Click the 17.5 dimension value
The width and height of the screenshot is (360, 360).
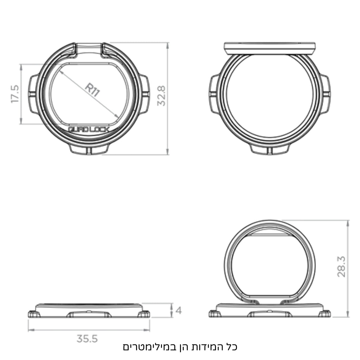(x=15, y=94)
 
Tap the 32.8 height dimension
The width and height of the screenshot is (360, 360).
(x=161, y=95)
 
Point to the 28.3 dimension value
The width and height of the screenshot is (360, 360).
(x=341, y=267)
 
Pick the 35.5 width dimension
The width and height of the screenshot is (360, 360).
(x=87, y=339)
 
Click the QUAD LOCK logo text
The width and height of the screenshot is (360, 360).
(x=88, y=130)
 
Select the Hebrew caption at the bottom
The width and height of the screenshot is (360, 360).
(x=180, y=347)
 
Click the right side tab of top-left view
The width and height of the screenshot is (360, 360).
(x=144, y=94)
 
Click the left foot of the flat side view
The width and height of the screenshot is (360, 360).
(x=34, y=314)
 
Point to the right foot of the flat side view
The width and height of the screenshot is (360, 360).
(x=144, y=314)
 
